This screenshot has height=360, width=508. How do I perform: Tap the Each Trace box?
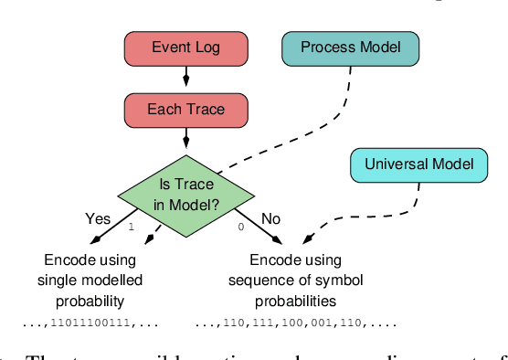coord(185,111)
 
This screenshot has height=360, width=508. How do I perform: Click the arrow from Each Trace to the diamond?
coord(185,138)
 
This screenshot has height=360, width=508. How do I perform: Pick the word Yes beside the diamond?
coord(98,219)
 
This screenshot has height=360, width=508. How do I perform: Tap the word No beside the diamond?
coord(270,219)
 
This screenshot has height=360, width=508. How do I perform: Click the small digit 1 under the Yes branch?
coord(132,227)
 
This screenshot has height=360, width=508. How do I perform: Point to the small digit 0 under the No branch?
coord(240,227)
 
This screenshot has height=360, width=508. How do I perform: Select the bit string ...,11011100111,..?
coord(90,323)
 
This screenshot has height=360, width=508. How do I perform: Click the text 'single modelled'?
coord(90,279)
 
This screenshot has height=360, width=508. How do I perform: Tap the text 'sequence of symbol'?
coord(293,279)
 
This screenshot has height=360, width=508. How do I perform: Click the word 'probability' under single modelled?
coord(90,300)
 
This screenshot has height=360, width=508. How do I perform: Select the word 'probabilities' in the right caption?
coord(293,300)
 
